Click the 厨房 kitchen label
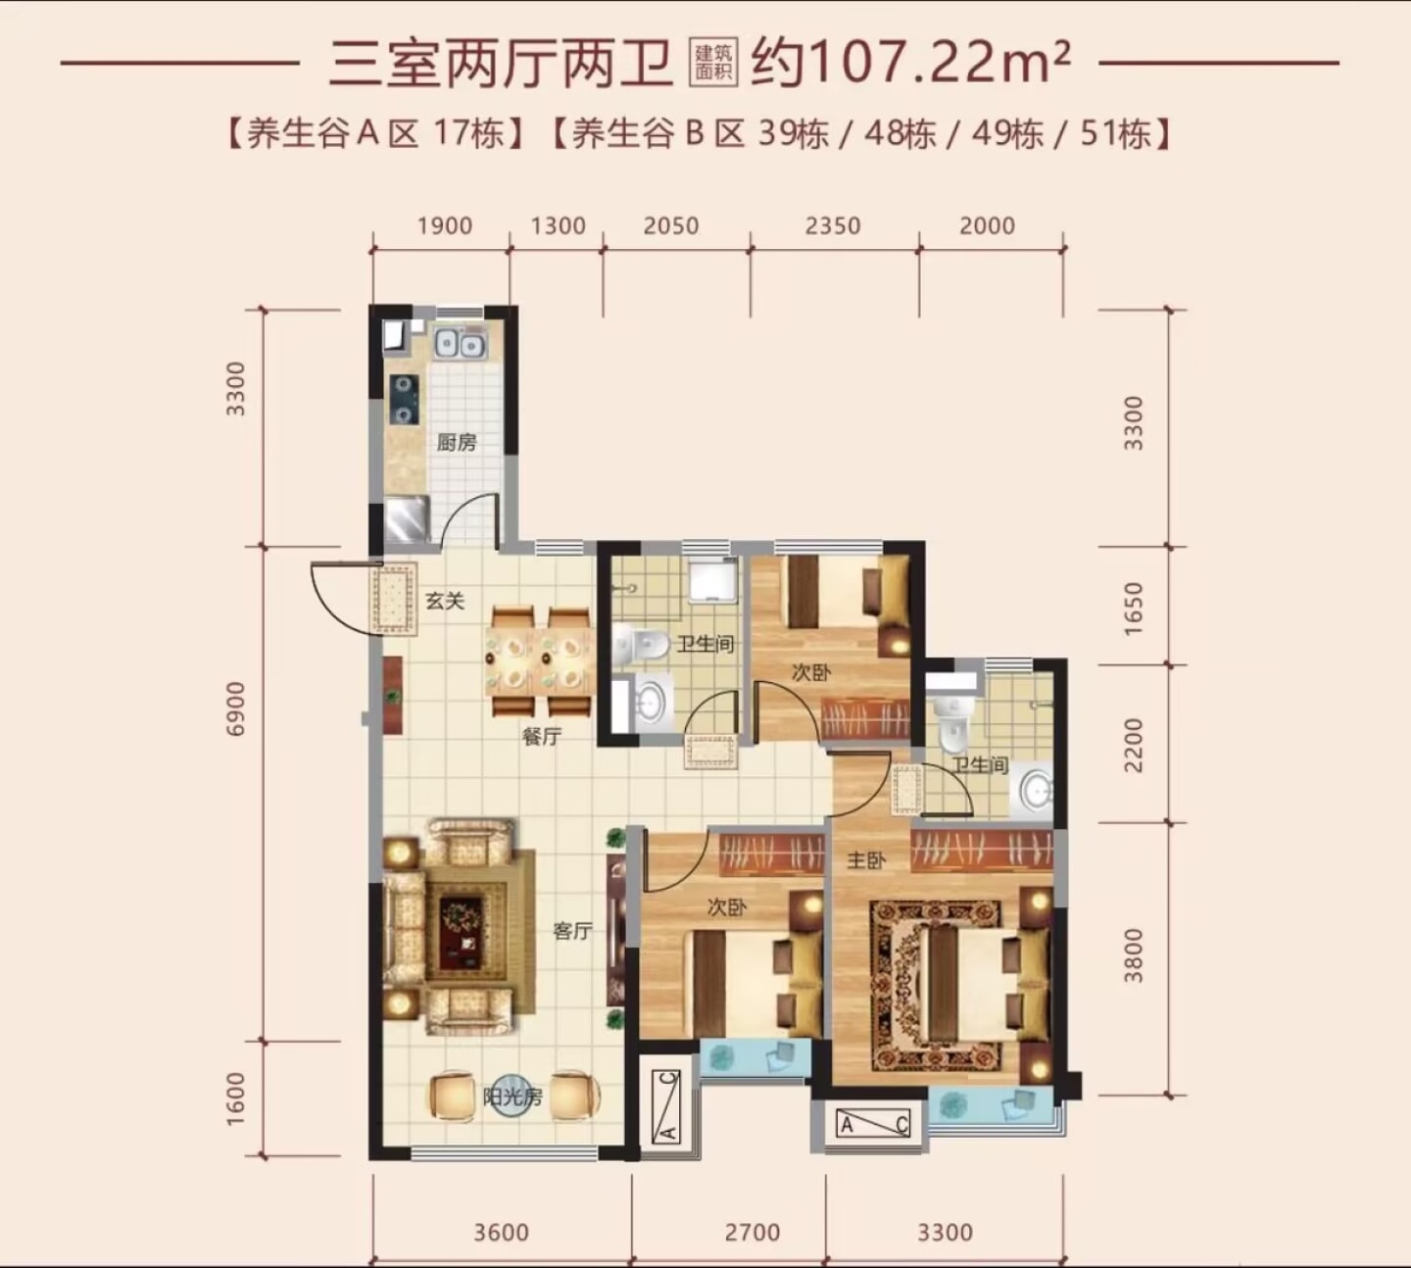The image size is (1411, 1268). (x=457, y=442)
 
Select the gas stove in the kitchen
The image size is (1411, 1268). (x=404, y=399)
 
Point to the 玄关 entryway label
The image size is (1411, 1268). (x=444, y=601)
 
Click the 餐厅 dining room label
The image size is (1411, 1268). (x=541, y=737)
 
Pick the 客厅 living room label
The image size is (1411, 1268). (x=572, y=931)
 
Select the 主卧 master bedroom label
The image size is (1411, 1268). (x=865, y=860)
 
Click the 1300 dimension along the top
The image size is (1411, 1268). (x=558, y=225)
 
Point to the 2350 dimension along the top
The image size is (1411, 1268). (x=833, y=225)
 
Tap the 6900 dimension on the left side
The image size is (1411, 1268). (x=237, y=708)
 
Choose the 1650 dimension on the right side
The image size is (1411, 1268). (x=1134, y=609)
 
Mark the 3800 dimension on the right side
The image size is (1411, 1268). (x=1134, y=955)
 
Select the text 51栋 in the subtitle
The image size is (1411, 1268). (x=1116, y=134)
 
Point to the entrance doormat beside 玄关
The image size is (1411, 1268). (x=394, y=599)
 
